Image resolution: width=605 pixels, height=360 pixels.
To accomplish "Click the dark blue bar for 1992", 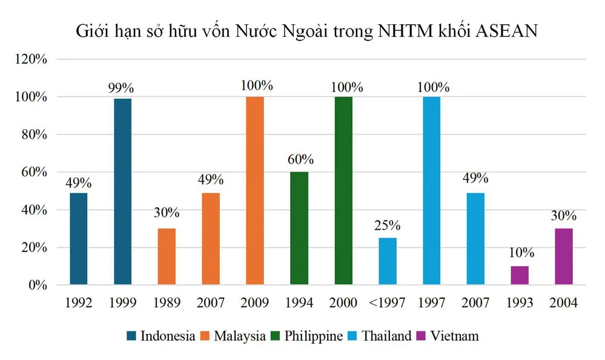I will pos(79,239).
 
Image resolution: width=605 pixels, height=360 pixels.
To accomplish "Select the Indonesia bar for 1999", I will pos(123,192).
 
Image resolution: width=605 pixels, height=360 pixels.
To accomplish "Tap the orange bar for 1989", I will pos(167,256).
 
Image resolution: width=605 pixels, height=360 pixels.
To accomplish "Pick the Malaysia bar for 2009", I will pos(255,191).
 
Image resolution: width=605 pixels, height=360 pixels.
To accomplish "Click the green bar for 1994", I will pos(299,228).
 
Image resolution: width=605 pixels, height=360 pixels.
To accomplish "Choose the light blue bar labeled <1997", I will pos(388,261).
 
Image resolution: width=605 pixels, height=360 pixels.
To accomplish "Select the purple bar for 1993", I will pos(520,275).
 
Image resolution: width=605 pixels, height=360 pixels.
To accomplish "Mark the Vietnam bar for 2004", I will pos(564,256).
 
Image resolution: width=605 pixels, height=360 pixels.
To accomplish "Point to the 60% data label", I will pos(299,161).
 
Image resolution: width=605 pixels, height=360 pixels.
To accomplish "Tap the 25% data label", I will pos(388,226).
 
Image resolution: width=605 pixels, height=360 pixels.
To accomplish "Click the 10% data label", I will pos(520,255).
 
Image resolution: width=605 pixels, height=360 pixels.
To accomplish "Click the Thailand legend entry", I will pos(385,335).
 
